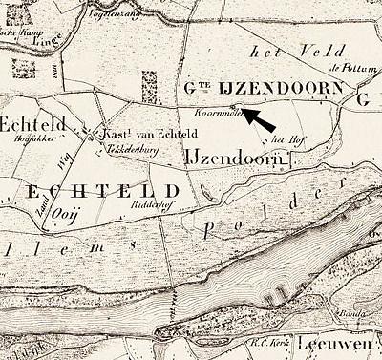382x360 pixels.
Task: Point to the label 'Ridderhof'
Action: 147,203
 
